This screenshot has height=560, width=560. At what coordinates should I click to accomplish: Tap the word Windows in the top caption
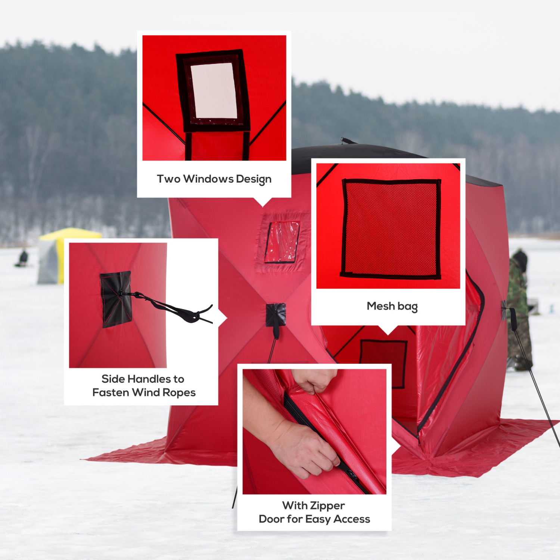[208, 179]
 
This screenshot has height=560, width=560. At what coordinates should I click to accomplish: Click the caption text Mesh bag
[392, 306]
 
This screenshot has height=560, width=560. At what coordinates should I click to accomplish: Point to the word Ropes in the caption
[179, 393]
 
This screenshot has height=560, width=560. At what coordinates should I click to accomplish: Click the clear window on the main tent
[282, 242]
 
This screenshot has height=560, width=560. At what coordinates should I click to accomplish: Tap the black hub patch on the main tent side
[276, 314]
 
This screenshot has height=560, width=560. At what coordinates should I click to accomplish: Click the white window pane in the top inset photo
[214, 90]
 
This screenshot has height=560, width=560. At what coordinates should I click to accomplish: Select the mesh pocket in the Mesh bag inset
[391, 228]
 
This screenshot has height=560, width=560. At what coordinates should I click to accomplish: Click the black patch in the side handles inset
[116, 299]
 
